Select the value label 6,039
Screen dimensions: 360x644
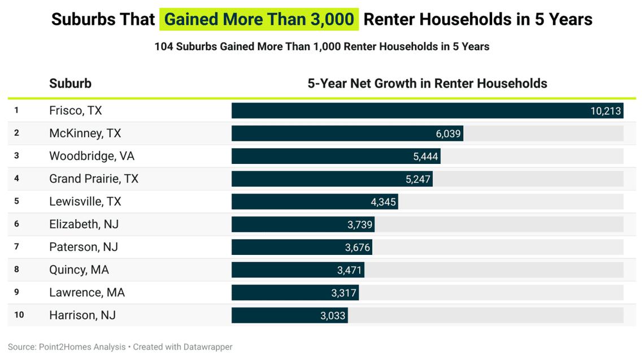[x=449, y=134]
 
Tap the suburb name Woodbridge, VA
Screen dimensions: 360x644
[x=92, y=156]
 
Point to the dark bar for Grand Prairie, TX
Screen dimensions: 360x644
[x=316, y=179]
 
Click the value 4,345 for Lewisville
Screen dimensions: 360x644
[x=384, y=202]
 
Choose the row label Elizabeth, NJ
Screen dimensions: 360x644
[x=84, y=224]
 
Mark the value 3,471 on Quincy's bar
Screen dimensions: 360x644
[x=349, y=270]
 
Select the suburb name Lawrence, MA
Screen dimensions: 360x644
[x=87, y=293]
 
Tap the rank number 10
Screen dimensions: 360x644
[x=19, y=315]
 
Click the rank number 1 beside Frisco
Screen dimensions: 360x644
[x=17, y=110]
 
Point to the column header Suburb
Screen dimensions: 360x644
[x=70, y=84]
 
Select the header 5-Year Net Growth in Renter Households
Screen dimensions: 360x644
[x=427, y=84]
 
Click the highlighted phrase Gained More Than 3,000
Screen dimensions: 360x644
[x=259, y=19]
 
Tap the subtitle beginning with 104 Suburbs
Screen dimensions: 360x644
[x=321, y=47]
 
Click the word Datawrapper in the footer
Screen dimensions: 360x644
[x=208, y=347]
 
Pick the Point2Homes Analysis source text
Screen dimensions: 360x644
[x=82, y=347]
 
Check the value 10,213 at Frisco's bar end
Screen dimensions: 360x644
[x=606, y=111]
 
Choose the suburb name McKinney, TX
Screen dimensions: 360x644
[x=85, y=133]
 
